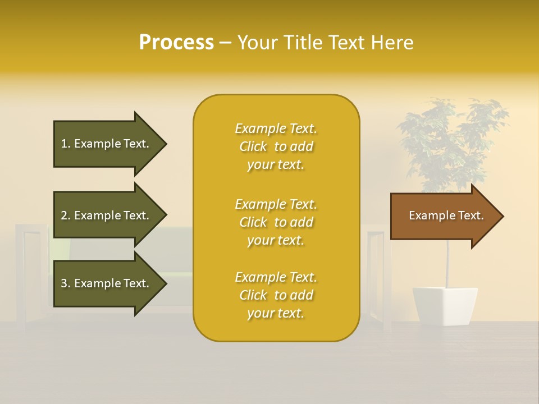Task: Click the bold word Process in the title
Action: pos(176,43)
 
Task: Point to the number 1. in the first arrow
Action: pos(66,144)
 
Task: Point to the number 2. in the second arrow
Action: pos(66,215)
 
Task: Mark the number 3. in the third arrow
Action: pos(66,283)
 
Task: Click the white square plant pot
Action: pos(445,306)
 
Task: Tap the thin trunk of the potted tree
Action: pos(447,264)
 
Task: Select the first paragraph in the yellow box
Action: pos(276,146)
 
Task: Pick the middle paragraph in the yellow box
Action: pos(276,222)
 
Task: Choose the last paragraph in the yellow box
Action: pos(276,295)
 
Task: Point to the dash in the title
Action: pos(226,43)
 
